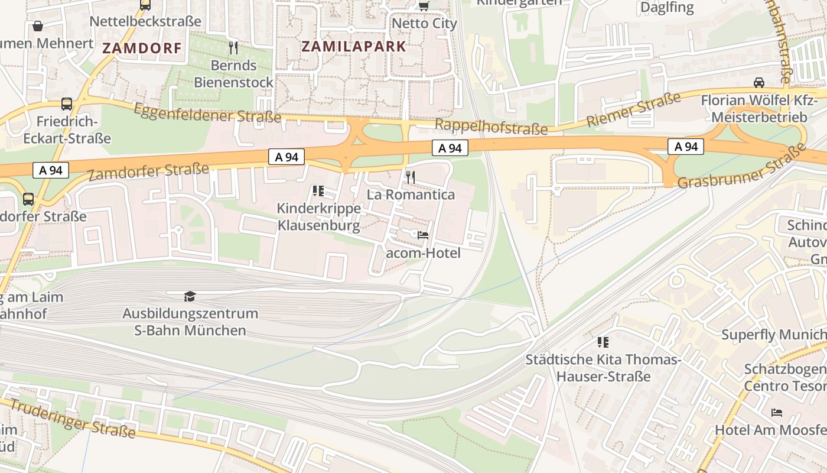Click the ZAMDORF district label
click(x=142, y=48)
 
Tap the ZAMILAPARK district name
click(x=354, y=47)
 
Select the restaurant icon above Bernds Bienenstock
click(x=233, y=47)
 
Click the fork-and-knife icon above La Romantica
click(x=411, y=176)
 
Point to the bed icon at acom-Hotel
click(x=423, y=235)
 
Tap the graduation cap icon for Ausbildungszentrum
click(x=190, y=296)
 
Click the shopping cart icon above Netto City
click(x=424, y=6)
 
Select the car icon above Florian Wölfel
click(x=759, y=82)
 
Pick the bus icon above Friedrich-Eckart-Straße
click(x=67, y=104)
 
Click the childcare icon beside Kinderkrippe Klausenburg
click(x=318, y=190)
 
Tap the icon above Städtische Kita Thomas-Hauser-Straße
click(x=603, y=342)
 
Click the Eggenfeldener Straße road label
click(x=207, y=113)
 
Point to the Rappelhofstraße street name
click(x=491, y=126)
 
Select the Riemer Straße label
click(x=633, y=110)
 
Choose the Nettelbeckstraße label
click(x=145, y=22)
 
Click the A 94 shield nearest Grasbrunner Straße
click(x=686, y=147)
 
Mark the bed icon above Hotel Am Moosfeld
click(x=777, y=412)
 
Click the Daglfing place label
click(x=667, y=8)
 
